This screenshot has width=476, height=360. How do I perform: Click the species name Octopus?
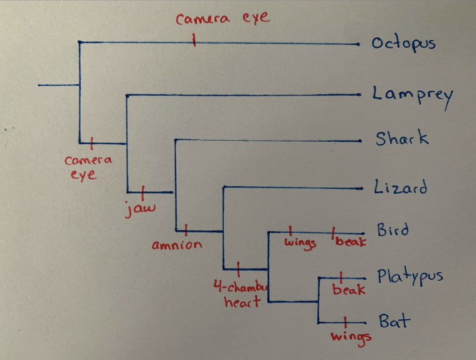403,44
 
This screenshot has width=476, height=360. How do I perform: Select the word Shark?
402,139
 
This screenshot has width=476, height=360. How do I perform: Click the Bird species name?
393,231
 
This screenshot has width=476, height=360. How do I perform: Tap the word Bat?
394,322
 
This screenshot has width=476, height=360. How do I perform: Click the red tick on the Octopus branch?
194,42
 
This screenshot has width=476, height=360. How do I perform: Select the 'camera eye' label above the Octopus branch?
223,18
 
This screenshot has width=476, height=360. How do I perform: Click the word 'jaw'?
140,207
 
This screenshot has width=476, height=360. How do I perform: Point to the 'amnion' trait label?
177,245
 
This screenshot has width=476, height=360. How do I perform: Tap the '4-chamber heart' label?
240,295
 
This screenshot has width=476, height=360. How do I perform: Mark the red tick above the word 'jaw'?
144,191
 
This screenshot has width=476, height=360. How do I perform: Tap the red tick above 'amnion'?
187,230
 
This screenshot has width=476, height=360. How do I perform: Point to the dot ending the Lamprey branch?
359,95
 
